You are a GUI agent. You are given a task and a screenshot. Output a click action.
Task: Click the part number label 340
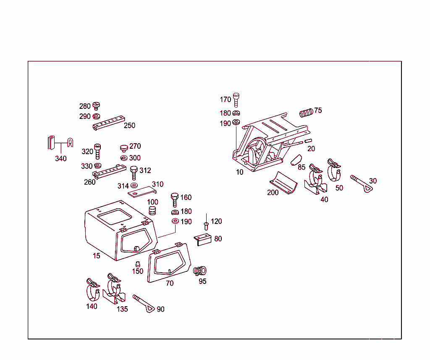(x=61, y=159)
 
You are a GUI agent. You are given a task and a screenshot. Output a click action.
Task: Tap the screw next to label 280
(x=97, y=105)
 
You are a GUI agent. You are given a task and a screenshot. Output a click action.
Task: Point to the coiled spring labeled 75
(x=307, y=113)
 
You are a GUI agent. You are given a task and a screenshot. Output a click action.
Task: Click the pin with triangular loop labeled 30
(x=361, y=185)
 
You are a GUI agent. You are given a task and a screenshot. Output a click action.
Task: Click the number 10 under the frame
(x=239, y=172)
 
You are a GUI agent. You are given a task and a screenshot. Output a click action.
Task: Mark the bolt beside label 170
(x=236, y=99)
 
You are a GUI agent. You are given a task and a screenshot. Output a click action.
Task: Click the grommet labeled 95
(x=201, y=270)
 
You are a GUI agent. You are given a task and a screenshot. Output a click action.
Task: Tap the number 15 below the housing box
(x=97, y=255)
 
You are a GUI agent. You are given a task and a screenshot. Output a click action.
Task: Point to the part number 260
(x=89, y=182)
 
